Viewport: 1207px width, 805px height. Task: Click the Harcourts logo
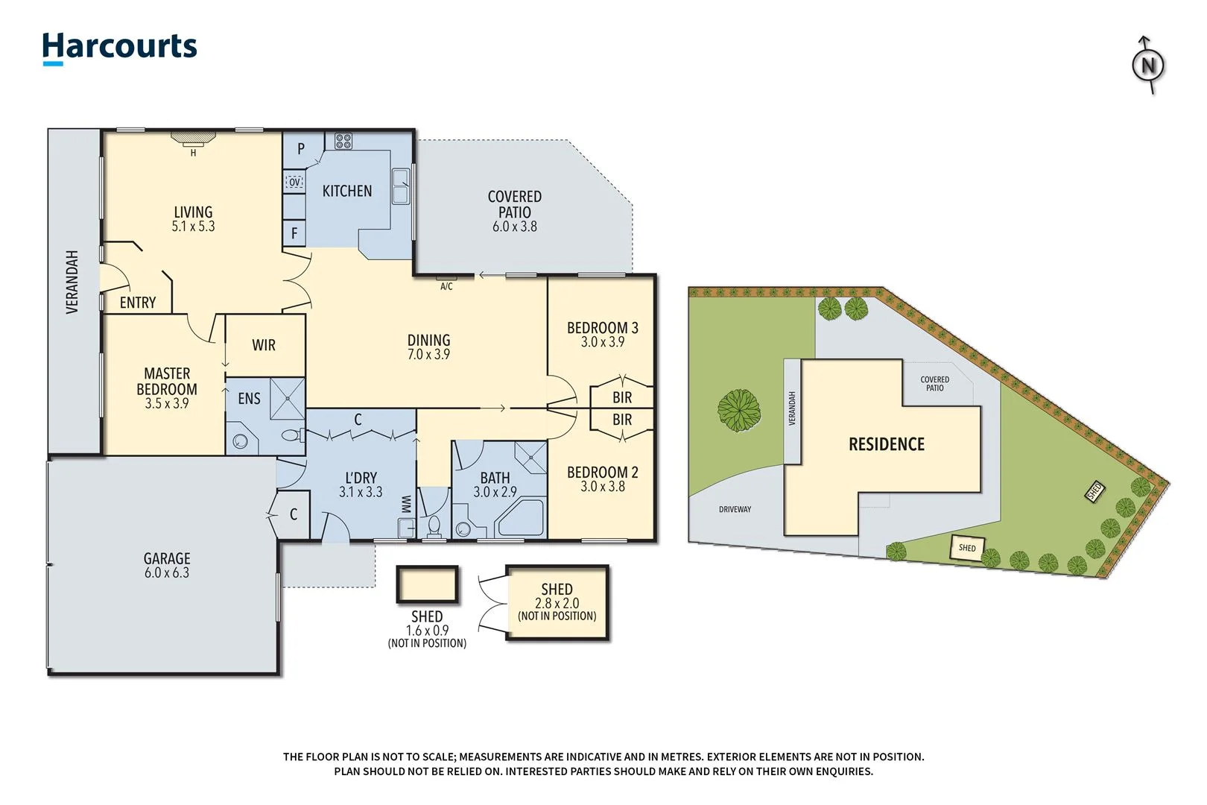119,47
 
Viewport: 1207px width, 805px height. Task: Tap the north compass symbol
1148,66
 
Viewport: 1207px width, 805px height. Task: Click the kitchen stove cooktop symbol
343,141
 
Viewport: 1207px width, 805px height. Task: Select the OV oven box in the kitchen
294,182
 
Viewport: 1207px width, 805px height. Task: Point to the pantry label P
301,148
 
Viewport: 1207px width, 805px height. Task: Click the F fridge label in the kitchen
294,233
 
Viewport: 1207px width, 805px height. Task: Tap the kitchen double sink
401,186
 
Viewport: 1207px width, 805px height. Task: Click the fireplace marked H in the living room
193,139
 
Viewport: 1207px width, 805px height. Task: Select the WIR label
264,345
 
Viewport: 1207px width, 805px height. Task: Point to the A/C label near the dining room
446,286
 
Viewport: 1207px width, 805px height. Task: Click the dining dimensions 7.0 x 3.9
428,355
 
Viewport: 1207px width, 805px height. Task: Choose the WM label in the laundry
407,504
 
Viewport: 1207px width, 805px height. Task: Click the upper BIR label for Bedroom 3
622,397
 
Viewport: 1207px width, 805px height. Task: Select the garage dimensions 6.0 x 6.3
167,572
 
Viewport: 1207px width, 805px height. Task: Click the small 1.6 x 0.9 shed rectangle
427,584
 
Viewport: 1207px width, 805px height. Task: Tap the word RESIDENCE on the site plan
887,444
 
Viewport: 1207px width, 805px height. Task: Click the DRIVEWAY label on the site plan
735,509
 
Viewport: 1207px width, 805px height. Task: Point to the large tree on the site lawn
739,410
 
